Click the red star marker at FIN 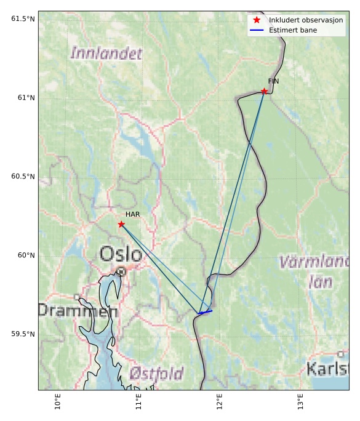264,92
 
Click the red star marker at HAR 121,224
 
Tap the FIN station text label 273,81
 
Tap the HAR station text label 132,214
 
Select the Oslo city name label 121,253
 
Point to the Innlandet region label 106,53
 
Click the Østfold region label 156,373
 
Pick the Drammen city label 78,311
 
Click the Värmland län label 315,271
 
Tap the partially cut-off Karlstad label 327,369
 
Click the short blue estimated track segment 206,312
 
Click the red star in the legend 257,20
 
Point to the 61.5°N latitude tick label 23,19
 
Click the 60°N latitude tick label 26,255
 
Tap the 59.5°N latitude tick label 23,334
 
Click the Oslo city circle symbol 122,271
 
